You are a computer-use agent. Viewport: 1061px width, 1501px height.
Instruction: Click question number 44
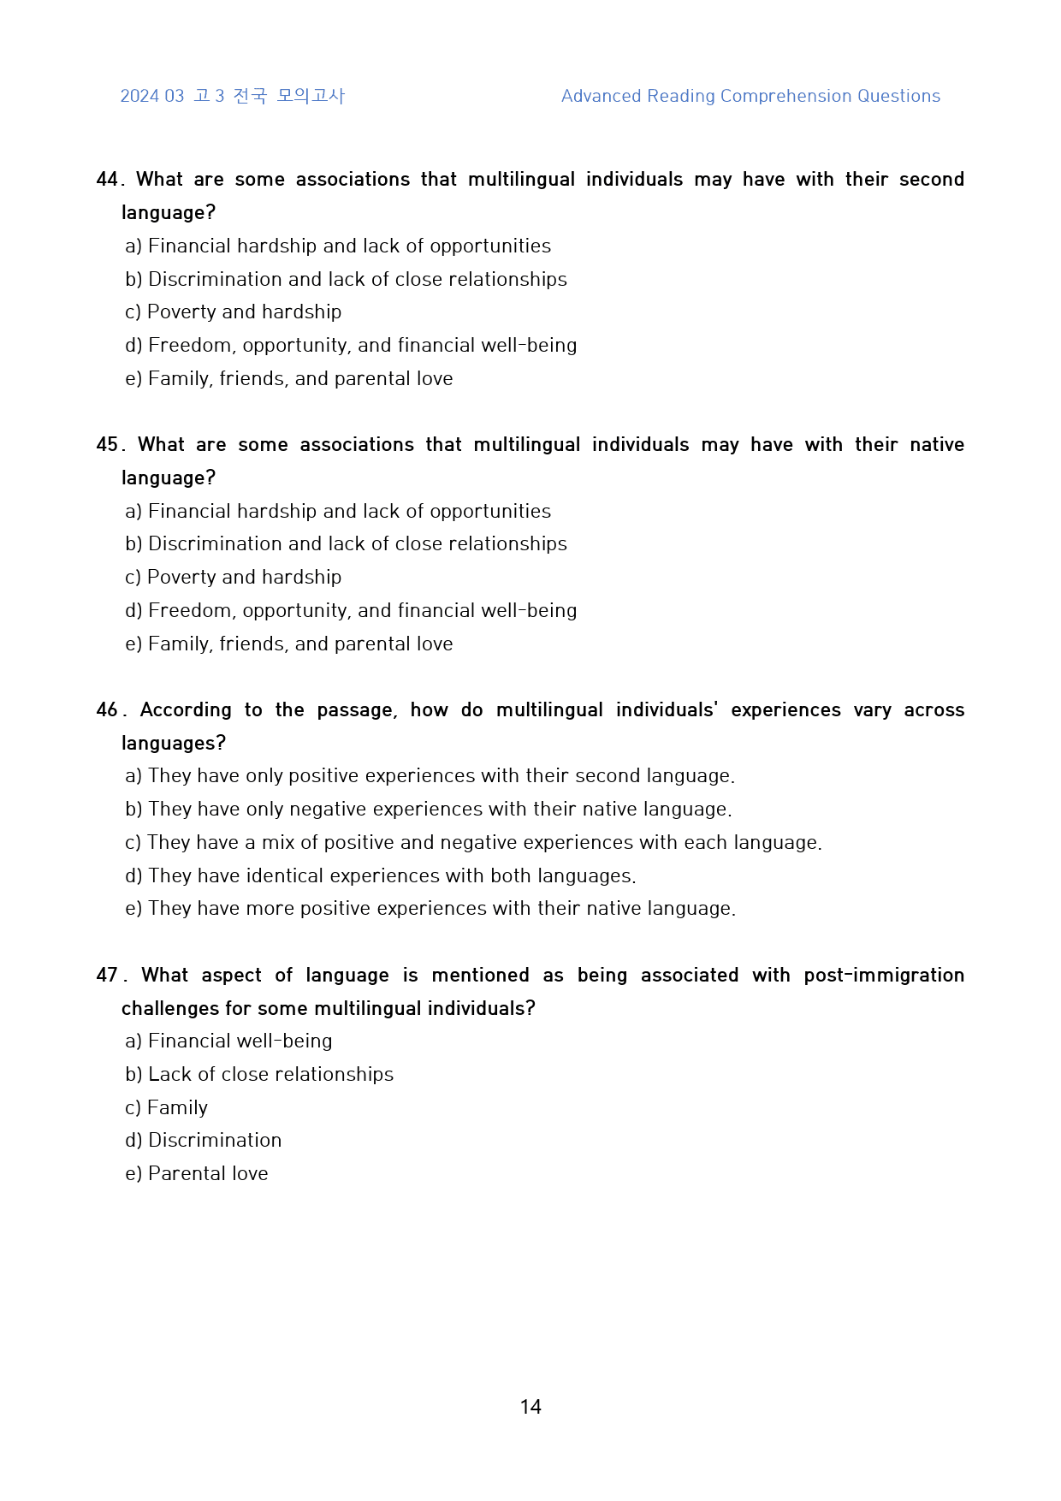107,180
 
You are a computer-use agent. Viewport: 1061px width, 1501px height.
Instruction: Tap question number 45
107,445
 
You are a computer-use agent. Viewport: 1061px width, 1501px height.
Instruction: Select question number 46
107,710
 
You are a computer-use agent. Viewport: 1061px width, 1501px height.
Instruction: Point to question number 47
107,976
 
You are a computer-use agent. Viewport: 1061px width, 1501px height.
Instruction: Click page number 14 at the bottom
530,1407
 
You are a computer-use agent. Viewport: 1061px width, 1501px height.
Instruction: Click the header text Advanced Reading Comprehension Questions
750,96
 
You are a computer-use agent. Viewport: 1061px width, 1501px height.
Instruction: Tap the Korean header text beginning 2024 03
232,96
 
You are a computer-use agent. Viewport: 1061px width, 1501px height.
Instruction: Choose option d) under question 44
351,346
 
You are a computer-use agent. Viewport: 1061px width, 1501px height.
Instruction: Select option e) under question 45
289,644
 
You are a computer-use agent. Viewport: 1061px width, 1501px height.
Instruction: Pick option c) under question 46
473,843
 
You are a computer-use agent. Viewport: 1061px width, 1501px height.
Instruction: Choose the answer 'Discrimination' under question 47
204,1141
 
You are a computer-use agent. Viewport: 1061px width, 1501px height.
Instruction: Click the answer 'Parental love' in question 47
197,1174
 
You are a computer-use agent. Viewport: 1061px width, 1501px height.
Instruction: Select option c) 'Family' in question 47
167,1108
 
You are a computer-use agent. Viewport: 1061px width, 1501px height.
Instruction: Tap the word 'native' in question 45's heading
937,445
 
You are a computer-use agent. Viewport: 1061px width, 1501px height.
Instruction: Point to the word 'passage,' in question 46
357,710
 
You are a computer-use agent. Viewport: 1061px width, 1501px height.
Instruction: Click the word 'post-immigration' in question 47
884,976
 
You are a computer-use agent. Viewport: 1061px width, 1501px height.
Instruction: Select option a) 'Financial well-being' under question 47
228,1041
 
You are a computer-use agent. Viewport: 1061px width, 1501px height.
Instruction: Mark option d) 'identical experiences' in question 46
381,876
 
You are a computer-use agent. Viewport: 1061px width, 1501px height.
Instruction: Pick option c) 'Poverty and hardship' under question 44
234,312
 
